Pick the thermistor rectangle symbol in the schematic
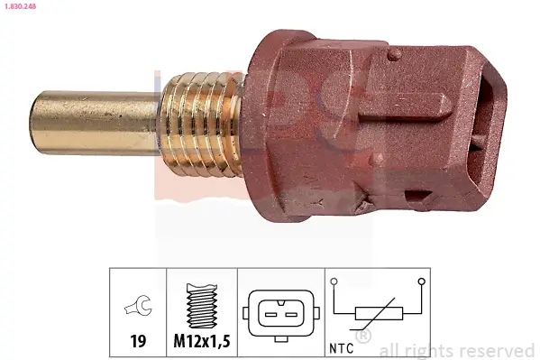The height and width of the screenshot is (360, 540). [377, 313]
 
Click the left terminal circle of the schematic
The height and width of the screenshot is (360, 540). [334, 282]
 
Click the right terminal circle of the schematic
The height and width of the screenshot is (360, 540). [421, 282]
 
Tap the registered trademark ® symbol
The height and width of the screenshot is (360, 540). [362, 337]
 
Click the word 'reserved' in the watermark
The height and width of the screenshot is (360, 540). [499, 350]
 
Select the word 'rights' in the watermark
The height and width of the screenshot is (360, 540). [435, 350]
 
